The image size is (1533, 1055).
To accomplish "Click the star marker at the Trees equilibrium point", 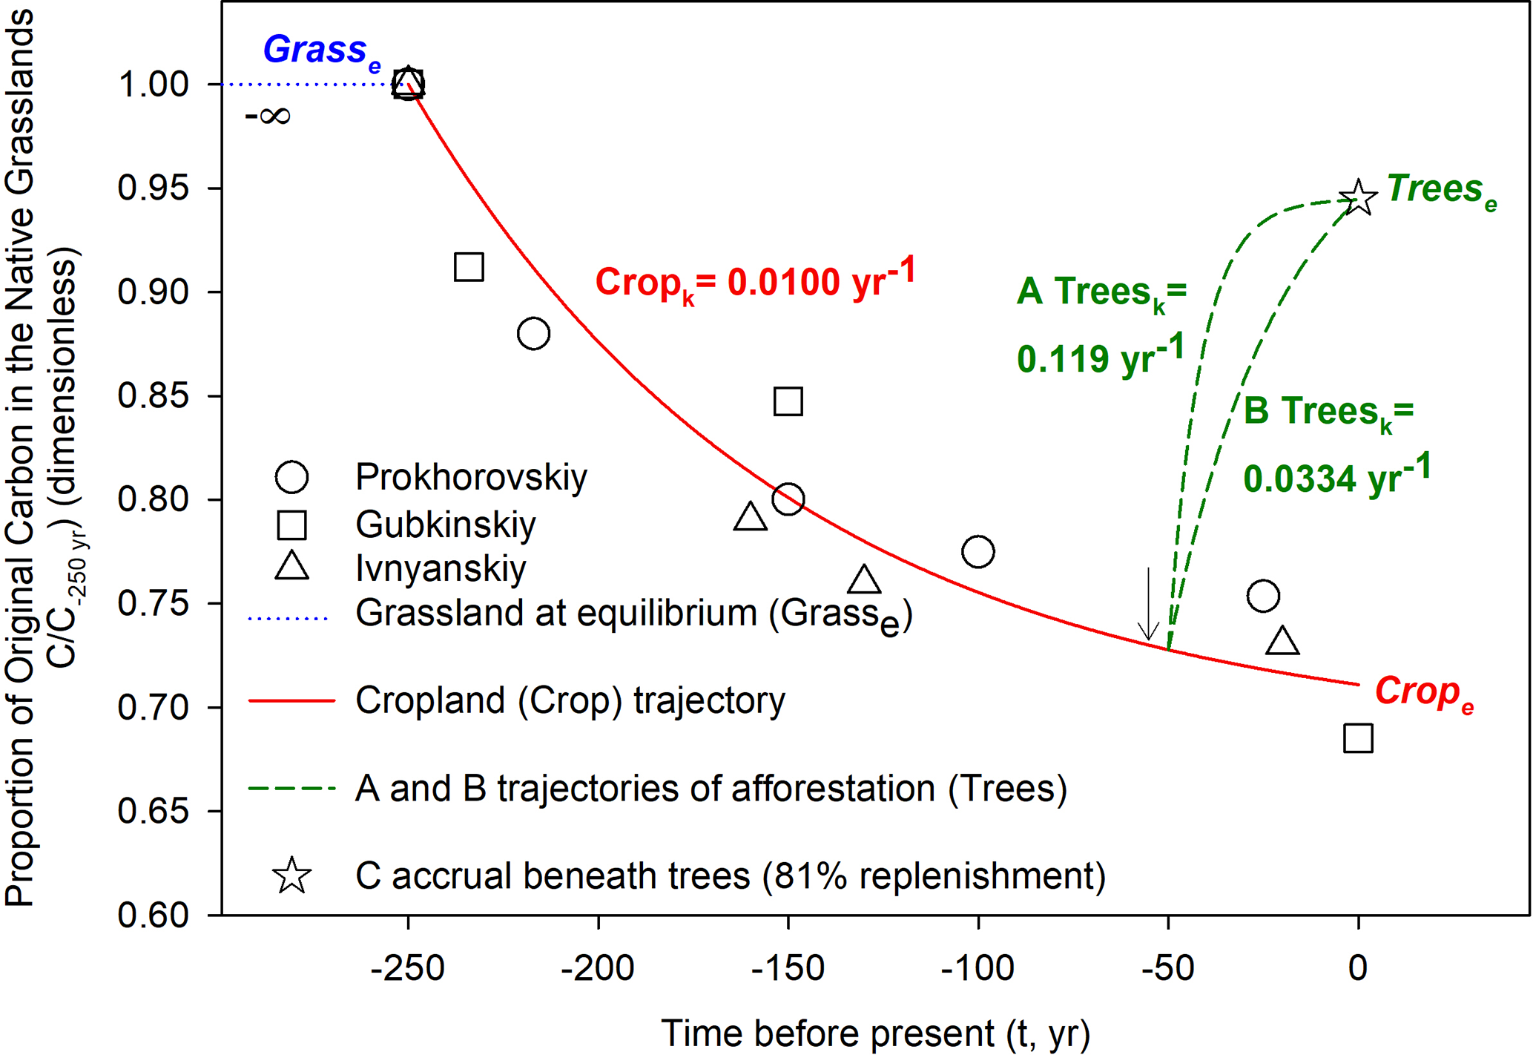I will point(1358,198).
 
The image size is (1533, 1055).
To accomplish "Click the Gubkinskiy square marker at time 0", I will point(1358,738).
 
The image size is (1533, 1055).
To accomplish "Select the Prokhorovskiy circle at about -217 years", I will point(533,334).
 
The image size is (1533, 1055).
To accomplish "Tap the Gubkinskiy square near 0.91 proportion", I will point(469,266).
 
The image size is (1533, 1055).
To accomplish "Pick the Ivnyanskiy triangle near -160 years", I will point(750,517).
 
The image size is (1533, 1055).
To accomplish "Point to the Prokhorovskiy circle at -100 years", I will point(978,551).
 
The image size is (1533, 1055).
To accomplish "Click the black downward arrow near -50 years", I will point(1148,605).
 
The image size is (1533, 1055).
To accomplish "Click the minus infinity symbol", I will point(267,116).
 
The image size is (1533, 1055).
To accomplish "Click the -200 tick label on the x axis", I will point(597,967).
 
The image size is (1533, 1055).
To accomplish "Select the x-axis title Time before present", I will point(875,1033).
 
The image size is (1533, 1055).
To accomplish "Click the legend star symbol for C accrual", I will point(291,875).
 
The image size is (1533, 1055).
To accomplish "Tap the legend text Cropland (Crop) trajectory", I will point(570,700).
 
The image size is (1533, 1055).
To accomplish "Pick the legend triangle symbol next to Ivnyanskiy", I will point(291,567).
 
